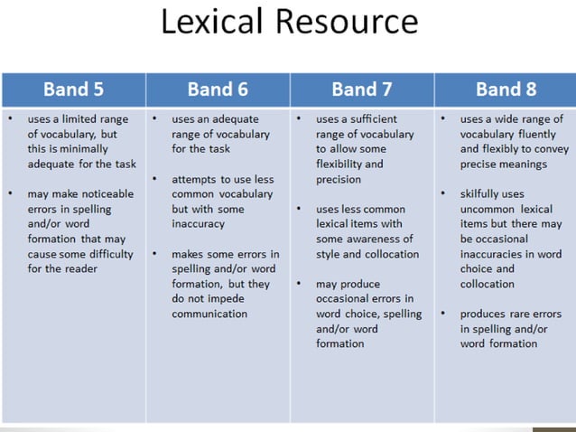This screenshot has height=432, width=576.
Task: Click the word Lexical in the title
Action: pos(214,22)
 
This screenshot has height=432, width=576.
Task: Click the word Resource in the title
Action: pos(346,22)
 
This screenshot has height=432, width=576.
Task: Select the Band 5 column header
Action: pos(74,89)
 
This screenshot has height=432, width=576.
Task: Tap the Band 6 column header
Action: pos(218,89)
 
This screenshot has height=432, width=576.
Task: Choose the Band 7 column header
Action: pos(362,89)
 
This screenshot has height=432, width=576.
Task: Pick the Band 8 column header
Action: pos(506,89)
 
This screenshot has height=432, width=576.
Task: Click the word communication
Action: pos(209,314)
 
